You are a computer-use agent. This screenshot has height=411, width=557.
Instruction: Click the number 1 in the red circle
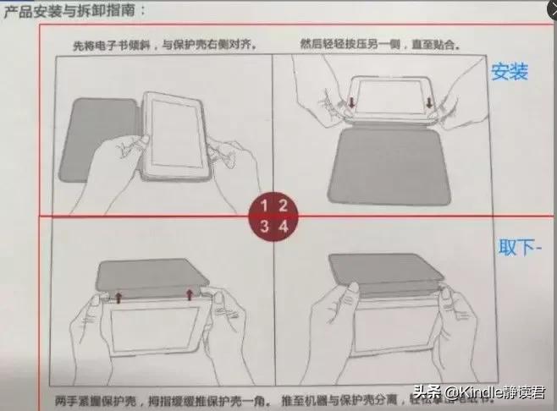point(264,205)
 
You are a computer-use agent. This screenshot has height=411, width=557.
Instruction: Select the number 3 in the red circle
point(264,226)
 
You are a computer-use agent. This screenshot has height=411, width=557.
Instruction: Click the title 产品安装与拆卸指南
point(74,10)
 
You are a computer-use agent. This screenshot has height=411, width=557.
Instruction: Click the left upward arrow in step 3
point(118,296)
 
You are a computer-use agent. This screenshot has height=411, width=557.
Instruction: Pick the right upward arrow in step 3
point(190,293)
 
